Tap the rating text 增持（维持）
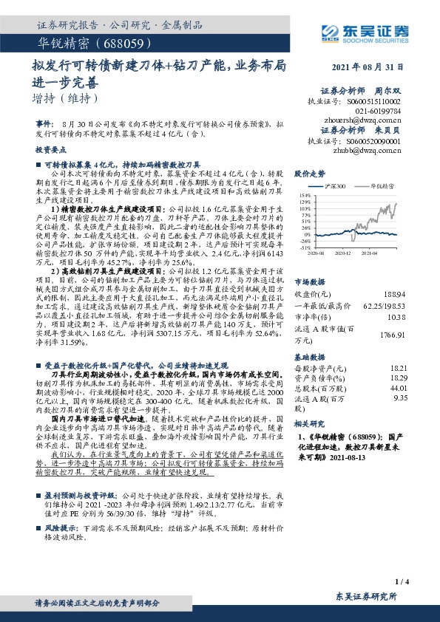pyautogui.click(x=66, y=98)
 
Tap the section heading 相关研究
pyautogui.click(x=309, y=424)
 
